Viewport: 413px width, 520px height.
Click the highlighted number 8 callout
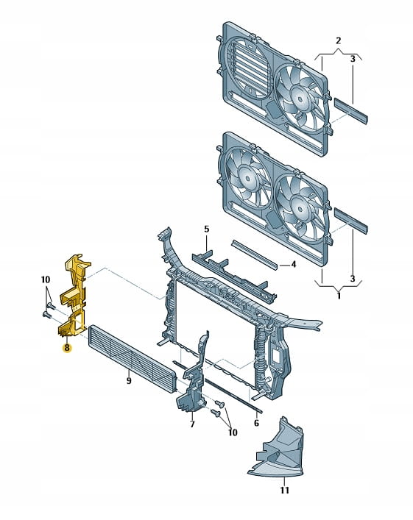(x=67, y=348)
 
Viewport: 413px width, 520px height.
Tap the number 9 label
(x=129, y=381)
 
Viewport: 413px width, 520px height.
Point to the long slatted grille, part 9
(x=132, y=358)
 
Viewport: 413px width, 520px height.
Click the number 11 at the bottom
(x=284, y=490)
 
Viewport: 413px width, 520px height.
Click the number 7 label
(x=192, y=424)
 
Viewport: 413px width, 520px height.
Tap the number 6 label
(x=256, y=423)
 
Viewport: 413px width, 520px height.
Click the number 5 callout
(x=206, y=229)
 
